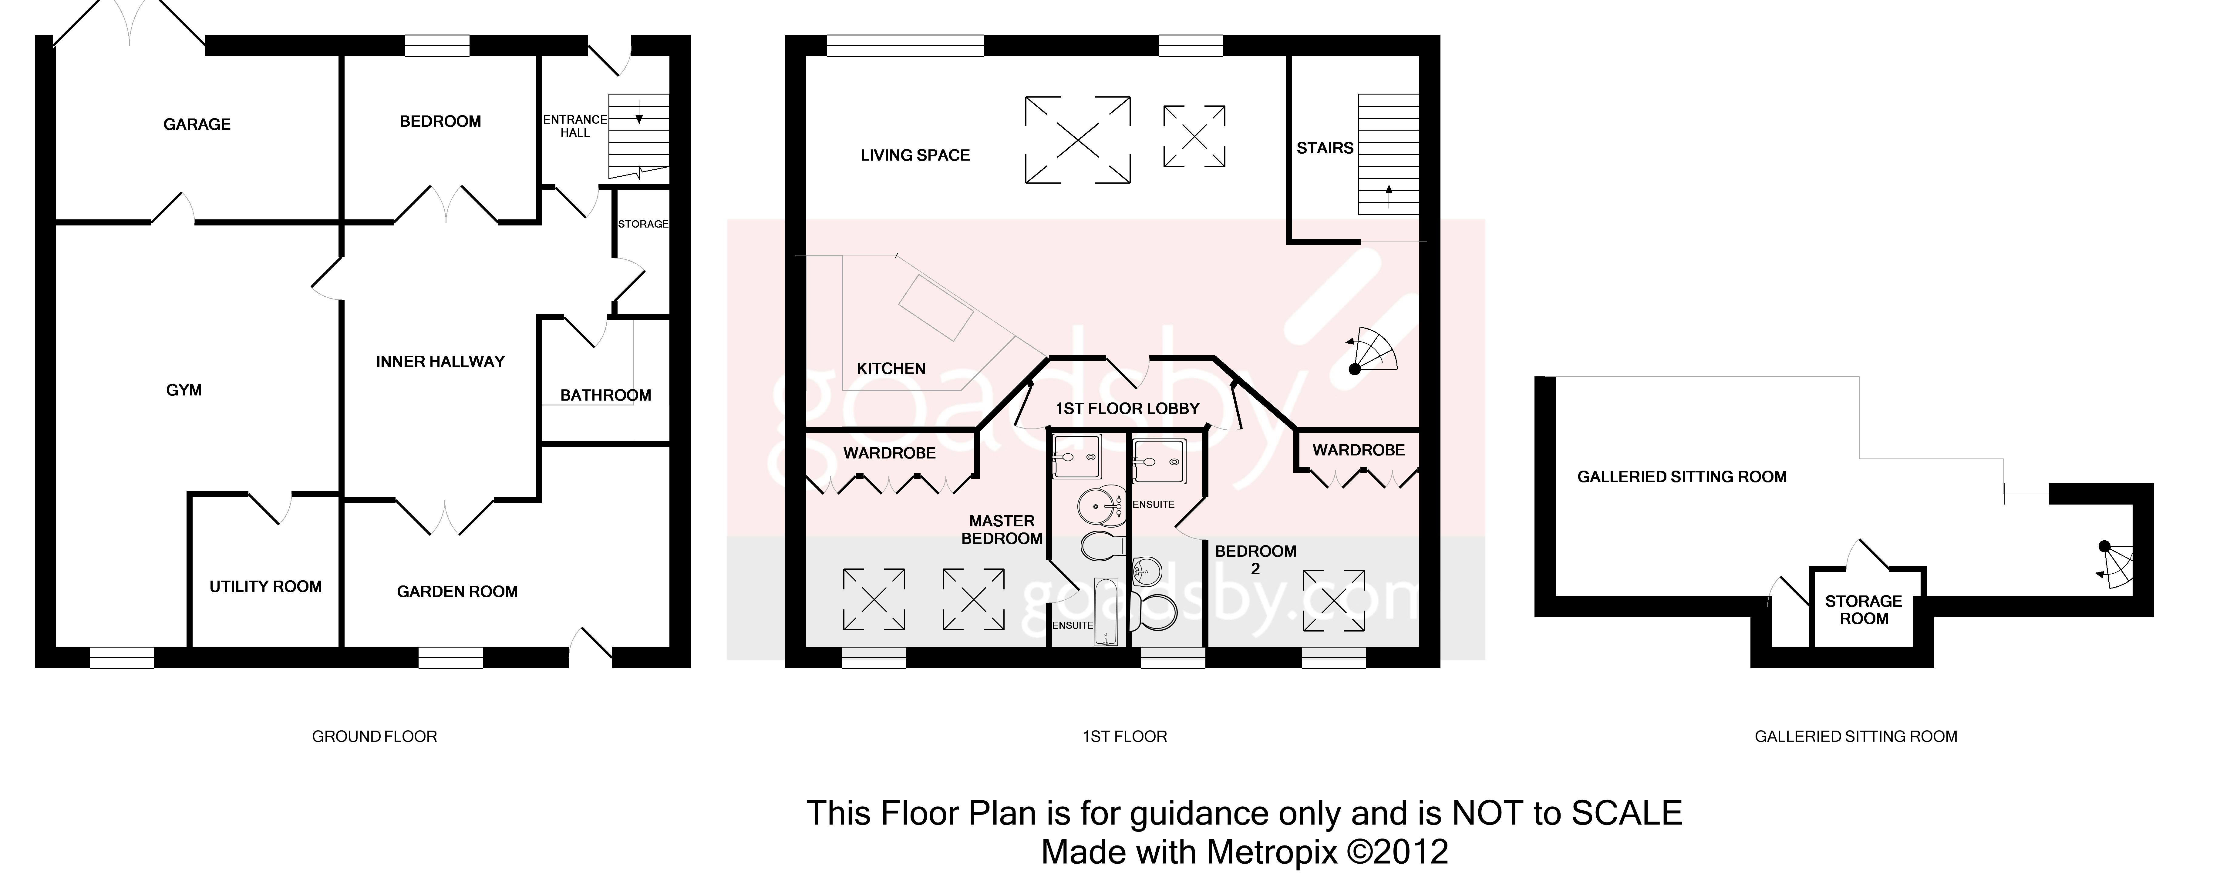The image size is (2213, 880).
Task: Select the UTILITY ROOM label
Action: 265,586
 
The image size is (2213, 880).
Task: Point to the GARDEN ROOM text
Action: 457,592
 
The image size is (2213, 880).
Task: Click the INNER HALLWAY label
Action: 440,362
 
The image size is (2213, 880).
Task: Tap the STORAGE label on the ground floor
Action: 643,224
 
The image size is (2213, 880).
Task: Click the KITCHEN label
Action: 891,368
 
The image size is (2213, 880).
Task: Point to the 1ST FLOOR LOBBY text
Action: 1127,409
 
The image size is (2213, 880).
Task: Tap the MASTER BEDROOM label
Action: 1002,530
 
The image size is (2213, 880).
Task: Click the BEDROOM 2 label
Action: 1255,559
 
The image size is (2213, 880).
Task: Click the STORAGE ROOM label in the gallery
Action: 1863,610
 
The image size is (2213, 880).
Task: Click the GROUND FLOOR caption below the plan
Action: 375,737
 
